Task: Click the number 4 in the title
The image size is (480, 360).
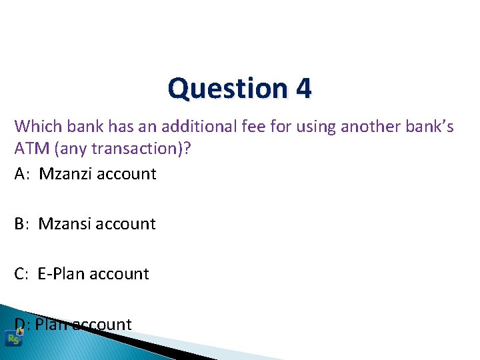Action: point(303,89)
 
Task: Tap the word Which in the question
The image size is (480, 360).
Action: point(35,125)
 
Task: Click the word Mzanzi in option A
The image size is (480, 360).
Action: point(65,174)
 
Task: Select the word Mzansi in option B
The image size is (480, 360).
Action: point(65,224)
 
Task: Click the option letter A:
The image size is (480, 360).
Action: point(23,174)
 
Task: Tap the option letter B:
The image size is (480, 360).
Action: point(23,224)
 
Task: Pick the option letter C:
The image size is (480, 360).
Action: point(23,274)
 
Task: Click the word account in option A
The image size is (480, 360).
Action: point(126,174)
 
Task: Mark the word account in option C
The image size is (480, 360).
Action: point(119,274)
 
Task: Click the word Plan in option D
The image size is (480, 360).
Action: point(51,325)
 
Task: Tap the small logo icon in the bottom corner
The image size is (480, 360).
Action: point(13,338)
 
